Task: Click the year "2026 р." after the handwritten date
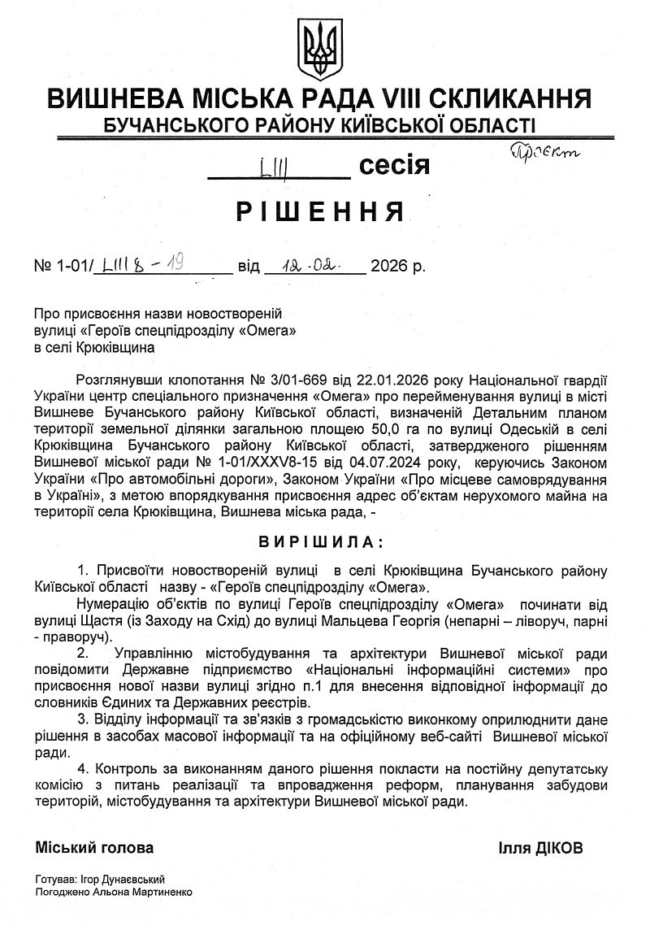(397, 266)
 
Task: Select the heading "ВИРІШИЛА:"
(324, 541)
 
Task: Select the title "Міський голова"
(94, 847)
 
